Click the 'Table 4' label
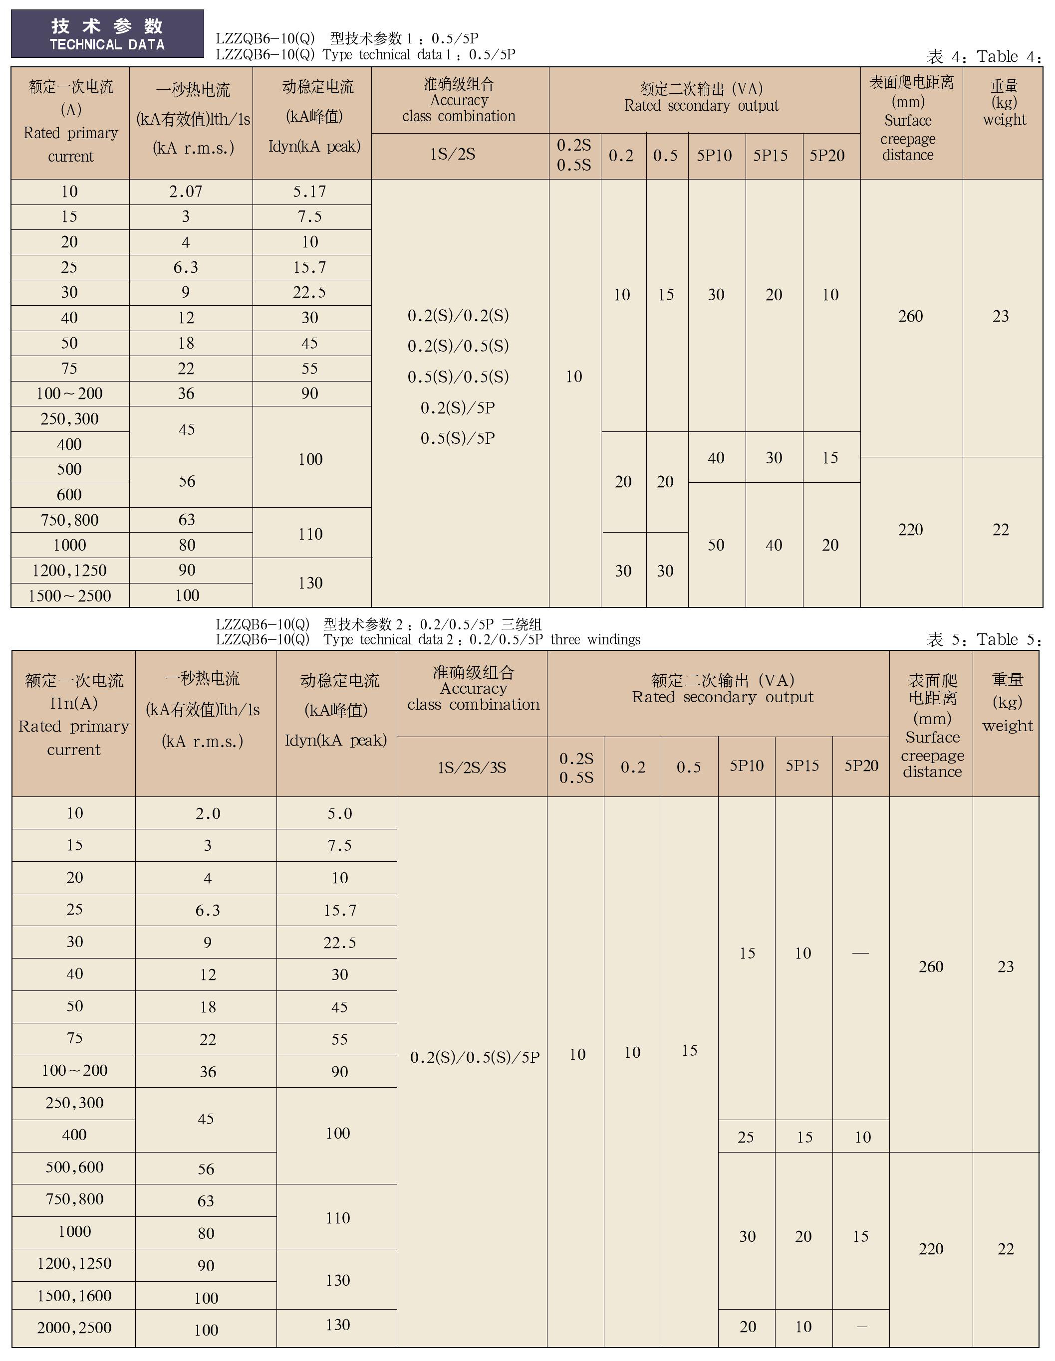[1008, 57]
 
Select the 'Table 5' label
[1008, 639]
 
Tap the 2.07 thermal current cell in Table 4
[186, 192]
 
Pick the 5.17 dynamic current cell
[310, 192]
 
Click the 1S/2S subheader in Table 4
[453, 154]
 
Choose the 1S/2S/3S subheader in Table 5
[472, 767]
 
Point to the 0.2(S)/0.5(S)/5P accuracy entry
[475, 1057]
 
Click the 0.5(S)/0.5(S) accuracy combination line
[458, 377]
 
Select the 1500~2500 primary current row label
[69, 596]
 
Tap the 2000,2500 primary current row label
[74, 1328]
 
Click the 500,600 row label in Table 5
[74, 1167]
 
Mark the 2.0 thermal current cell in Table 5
[208, 814]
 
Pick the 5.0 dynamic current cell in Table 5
[340, 814]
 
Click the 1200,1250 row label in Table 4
[69, 570]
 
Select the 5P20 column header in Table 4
[827, 155]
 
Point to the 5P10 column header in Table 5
[747, 766]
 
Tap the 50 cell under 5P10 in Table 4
[716, 545]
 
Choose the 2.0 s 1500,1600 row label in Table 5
[74, 1296]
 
